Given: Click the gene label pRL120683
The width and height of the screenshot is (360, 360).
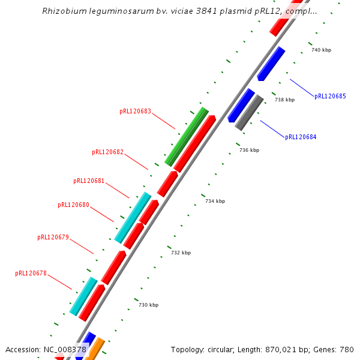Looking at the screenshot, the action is [x=135, y=112].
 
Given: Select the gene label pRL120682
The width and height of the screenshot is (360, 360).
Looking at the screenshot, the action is [x=107, y=152].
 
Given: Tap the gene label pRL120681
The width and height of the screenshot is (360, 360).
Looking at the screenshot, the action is [x=89, y=181].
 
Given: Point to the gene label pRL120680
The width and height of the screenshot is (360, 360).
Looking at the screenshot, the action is [x=73, y=205].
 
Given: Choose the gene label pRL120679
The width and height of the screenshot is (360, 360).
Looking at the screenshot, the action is [x=53, y=238].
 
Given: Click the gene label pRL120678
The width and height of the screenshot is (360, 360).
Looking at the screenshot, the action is [x=31, y=274].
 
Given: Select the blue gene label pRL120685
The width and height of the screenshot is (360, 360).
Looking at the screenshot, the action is [x=330, y=97].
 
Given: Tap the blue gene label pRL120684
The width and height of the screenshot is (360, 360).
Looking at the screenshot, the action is [x=301, y=137].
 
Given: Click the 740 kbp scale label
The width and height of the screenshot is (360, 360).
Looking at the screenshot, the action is [x=321, y=50].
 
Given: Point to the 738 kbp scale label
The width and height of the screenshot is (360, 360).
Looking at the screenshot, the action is [x=284, y=100].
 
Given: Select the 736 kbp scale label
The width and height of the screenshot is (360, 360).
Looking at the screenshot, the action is [x=249, y=151].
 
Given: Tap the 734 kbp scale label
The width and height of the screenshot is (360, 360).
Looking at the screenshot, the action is [x=215, y=202].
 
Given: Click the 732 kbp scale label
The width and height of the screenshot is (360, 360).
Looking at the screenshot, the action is [x=181, y=253].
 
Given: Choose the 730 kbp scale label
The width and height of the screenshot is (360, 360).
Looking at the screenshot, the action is [x=148, y=305].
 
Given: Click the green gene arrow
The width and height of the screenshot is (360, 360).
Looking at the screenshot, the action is [x=187, y=136].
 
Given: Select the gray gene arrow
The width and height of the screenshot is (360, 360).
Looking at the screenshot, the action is [x=249, y=112].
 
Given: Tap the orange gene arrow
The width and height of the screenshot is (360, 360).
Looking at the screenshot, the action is [x=95, y=349].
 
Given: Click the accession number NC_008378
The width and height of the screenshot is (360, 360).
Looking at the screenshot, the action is [x=65, y=350].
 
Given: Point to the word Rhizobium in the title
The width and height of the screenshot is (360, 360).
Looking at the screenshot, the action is [x=62, y=11].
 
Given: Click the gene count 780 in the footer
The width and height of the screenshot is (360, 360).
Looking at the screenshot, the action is [x=347, y=350].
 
